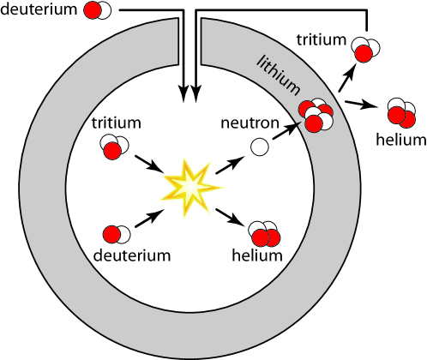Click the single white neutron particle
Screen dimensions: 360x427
tap(258, 147)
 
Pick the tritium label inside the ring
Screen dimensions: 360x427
tap(116, 124)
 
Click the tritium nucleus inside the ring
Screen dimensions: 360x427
tap(111, 147)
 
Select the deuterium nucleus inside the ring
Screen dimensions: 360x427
tap(116, 233)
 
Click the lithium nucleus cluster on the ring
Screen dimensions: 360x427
tap(316, 115)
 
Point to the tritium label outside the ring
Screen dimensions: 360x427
tap(322, 39)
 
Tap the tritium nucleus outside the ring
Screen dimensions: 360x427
tap(364, 51)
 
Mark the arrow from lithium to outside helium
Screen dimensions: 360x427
tap(360, 105)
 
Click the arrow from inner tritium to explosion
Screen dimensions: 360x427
tap(147, 165)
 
